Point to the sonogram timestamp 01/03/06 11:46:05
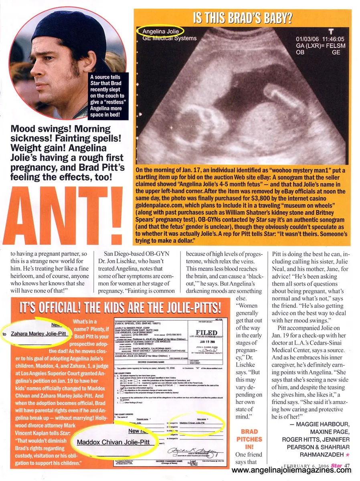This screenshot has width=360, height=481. (x=315, y=39)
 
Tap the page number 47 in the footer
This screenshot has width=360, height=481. (x=347, y=465)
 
